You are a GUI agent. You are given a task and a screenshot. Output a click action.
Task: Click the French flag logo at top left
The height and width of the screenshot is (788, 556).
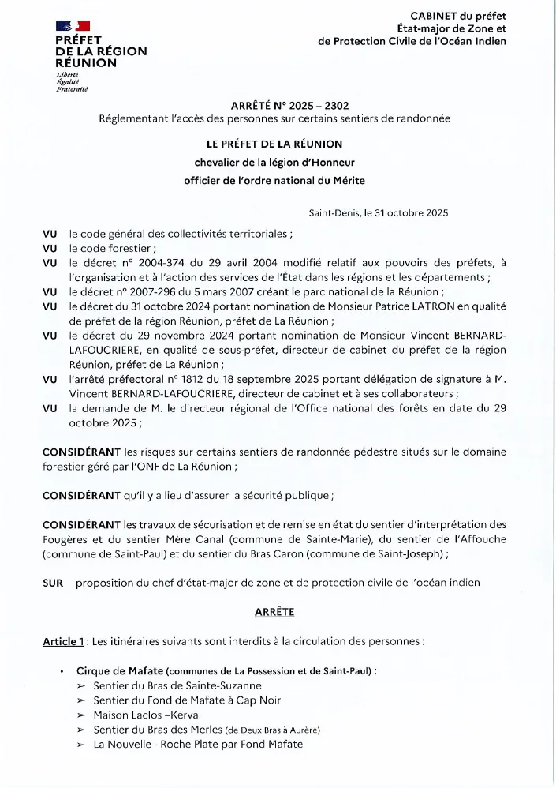[73, 26]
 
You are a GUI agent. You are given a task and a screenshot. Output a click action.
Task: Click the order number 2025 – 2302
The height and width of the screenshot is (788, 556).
[321, 105]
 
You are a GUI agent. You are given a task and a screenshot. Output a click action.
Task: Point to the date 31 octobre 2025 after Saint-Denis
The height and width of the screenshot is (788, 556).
[408, 213]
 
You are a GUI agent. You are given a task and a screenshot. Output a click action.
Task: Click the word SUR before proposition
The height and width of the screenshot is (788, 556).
[53, 583]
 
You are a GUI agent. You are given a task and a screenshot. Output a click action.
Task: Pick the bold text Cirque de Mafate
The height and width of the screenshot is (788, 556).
[120, 670]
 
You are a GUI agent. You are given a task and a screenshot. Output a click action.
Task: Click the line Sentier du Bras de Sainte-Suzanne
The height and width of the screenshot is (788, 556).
[177, 685]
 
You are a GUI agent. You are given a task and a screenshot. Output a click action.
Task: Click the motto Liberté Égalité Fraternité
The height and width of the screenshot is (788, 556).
[72, 82]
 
